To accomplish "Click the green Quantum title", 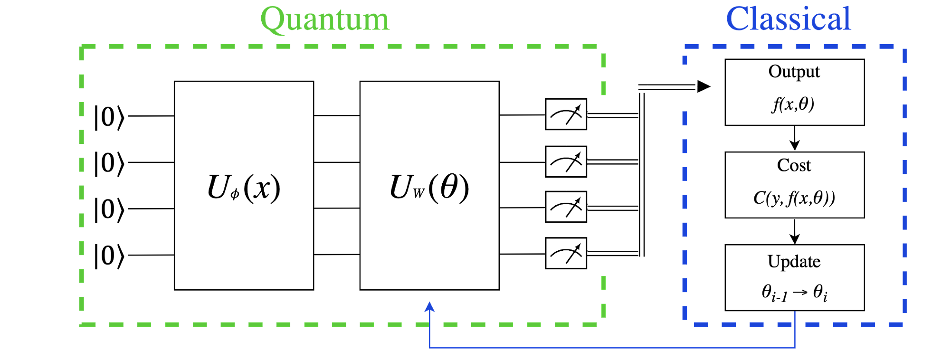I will coord(325,20).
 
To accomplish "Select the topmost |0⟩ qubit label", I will coord(109,117).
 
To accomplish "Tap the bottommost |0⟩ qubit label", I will coord(109,256).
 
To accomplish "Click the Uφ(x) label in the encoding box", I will coord(244,187).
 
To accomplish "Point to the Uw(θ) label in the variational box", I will coord(429,187).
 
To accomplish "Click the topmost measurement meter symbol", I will coord(566,114).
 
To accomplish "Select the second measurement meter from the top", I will coord(566,162).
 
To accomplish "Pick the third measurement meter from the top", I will coord(566,207).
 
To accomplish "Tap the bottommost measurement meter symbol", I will coord(566,253).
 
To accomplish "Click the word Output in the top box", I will coord(794,72).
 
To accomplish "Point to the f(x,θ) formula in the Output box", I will coord(793,104).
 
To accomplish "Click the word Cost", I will coord(794,165).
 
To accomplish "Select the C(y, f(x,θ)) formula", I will coord(794,198).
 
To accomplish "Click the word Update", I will coord(794,262).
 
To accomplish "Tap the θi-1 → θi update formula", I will coord(794,293).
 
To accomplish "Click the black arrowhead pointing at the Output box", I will coord(704,87).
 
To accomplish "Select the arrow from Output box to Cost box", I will coord(795,139).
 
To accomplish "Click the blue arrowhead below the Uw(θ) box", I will coord(429,307).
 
